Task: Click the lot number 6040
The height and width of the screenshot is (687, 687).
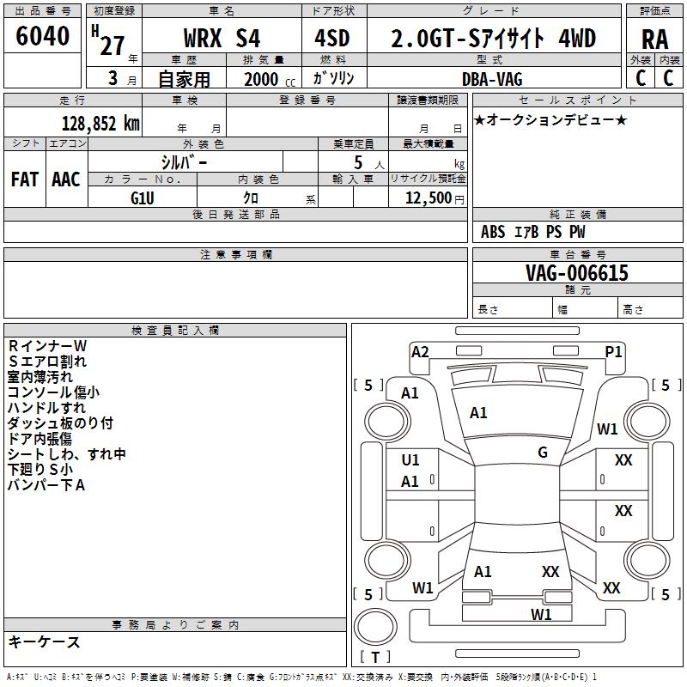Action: point(43,36)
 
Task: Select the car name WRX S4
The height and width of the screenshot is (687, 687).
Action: point(222,39)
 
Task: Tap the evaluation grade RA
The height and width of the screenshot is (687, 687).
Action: point(654,40)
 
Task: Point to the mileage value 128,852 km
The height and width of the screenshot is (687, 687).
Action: point(100,123)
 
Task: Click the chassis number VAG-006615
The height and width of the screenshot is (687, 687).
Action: point(577,273)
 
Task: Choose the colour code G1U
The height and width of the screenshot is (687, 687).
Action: point(143,197)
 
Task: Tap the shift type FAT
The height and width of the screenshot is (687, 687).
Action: point(25,179)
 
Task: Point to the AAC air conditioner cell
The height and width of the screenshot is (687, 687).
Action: point(66,179)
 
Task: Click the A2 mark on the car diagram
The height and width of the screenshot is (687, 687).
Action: point(420,350)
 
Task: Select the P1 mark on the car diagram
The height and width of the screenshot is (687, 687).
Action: point(613,350)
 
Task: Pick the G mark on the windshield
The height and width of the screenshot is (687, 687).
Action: point(543,453)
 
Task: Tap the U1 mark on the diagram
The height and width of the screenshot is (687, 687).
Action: point(410,460)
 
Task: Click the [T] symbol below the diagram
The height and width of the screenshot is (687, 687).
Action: point(374,657)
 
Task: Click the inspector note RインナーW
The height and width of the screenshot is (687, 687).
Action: point(47,346)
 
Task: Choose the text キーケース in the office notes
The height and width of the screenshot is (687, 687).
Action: point(44,641)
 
